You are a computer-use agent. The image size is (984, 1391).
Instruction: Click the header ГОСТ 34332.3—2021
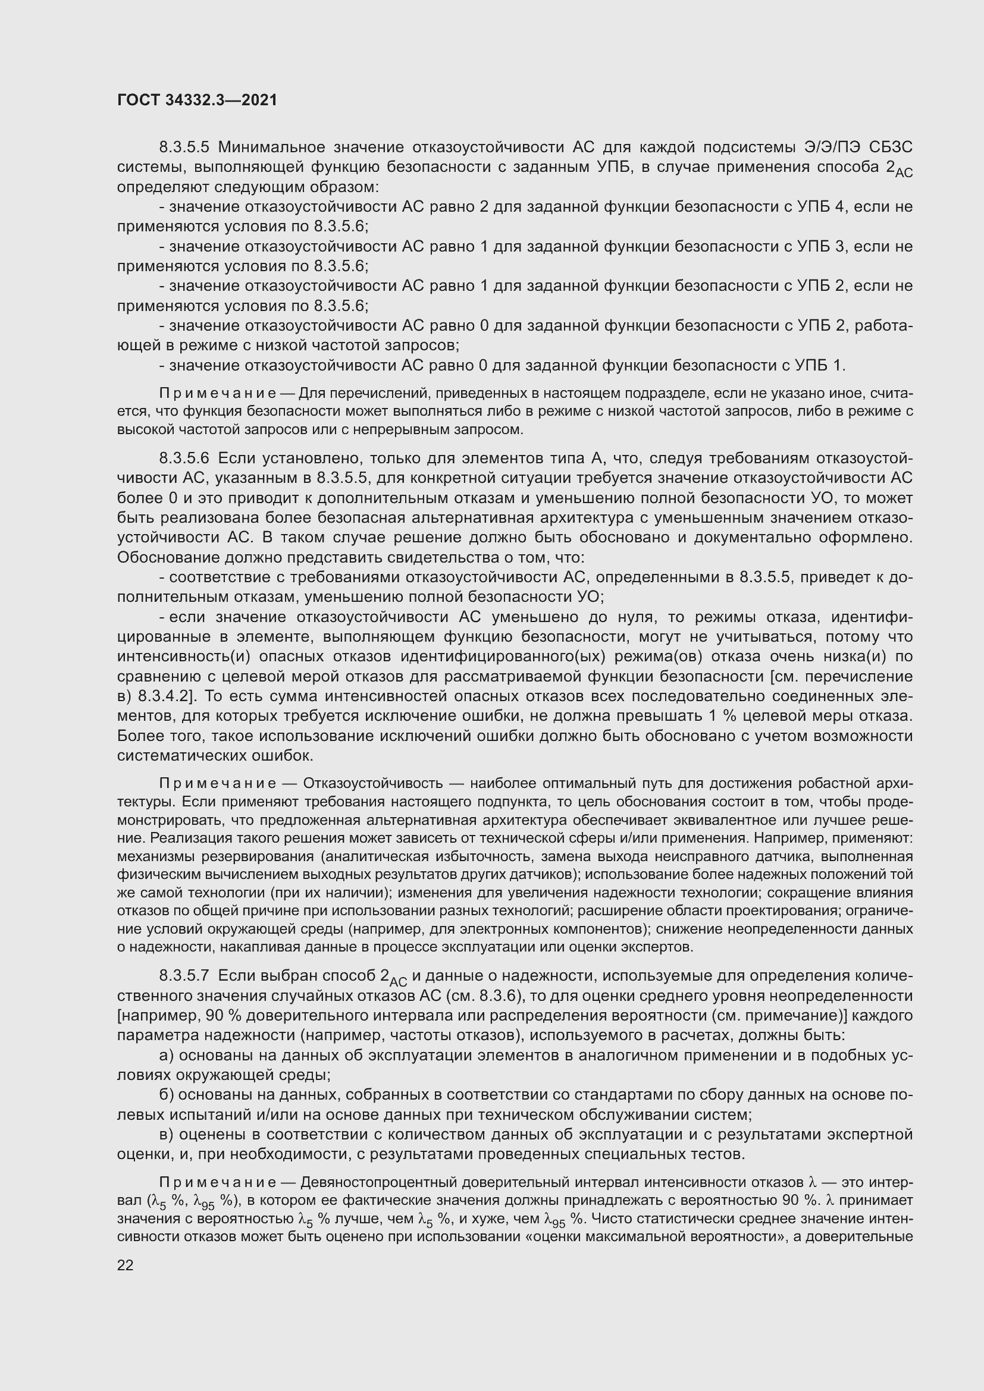coord(197,100)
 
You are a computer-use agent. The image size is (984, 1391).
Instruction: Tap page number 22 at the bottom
coord(125,1265)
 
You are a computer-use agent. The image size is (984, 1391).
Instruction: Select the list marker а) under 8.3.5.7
coord(167,1056)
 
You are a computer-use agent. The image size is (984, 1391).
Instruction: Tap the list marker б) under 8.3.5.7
coord(167,1095)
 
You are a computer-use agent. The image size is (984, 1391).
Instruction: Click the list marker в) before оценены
coord(167,1134)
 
